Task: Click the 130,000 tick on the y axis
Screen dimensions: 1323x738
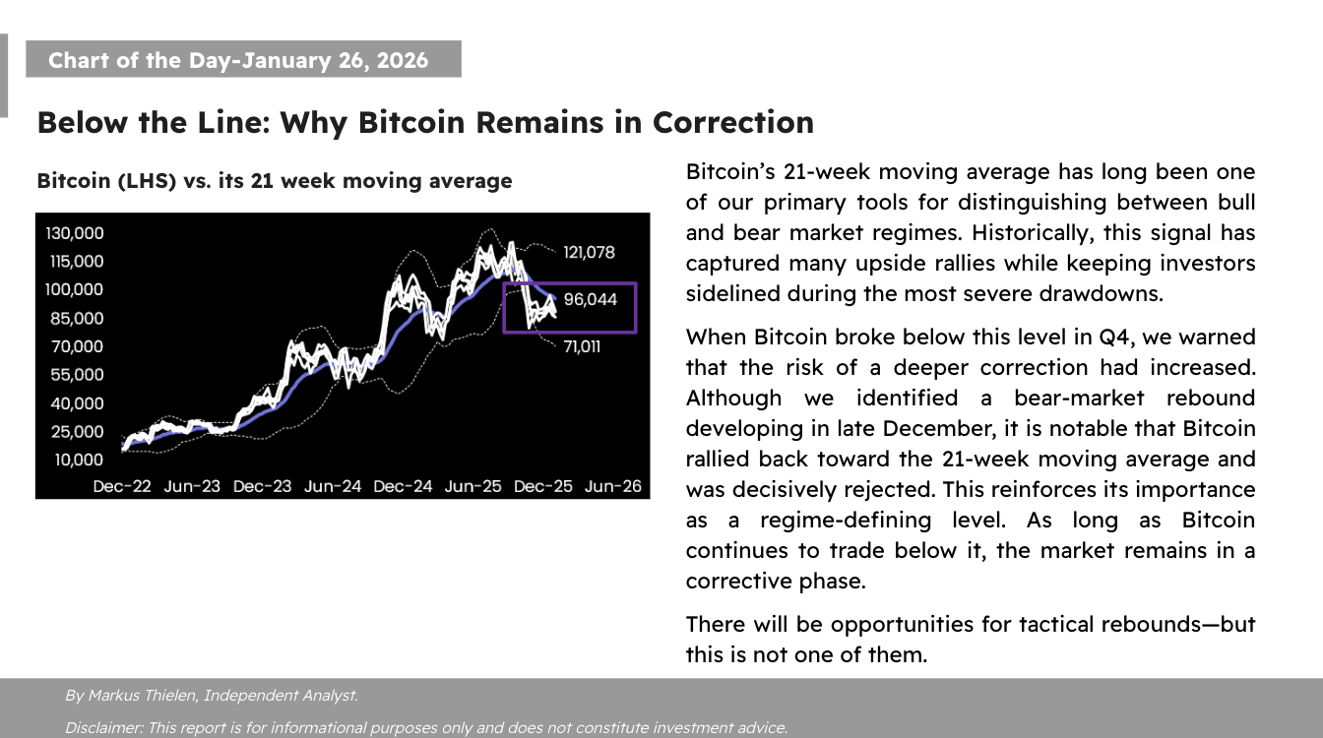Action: [75, 233]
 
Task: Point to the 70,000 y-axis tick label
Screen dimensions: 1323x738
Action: [77, 346]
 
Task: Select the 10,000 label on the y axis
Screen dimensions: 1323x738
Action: [79, 460]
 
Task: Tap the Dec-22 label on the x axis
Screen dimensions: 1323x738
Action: [122, 486]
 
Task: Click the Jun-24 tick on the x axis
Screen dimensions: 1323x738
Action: [333, 486]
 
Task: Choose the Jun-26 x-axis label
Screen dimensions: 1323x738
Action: [613, 486]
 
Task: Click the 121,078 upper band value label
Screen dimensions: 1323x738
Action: [589, 253]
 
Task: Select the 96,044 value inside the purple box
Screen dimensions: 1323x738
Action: [591, 300]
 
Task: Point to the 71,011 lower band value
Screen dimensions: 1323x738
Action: [582, 346]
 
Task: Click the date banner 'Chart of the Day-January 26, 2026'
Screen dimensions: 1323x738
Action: [243, 59]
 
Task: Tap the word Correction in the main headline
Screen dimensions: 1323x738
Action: [733, 123]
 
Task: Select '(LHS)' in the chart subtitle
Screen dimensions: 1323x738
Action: [147, 181]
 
